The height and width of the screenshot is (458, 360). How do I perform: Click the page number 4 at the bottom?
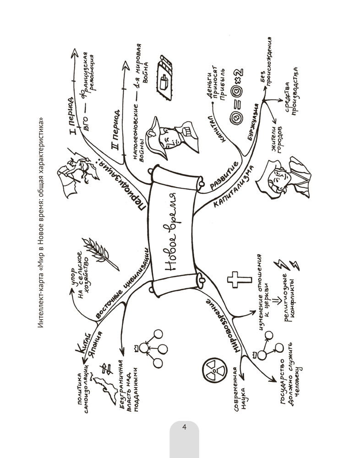[x=184, y=428]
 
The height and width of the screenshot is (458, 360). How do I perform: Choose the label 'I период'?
[x=73, y=113]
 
